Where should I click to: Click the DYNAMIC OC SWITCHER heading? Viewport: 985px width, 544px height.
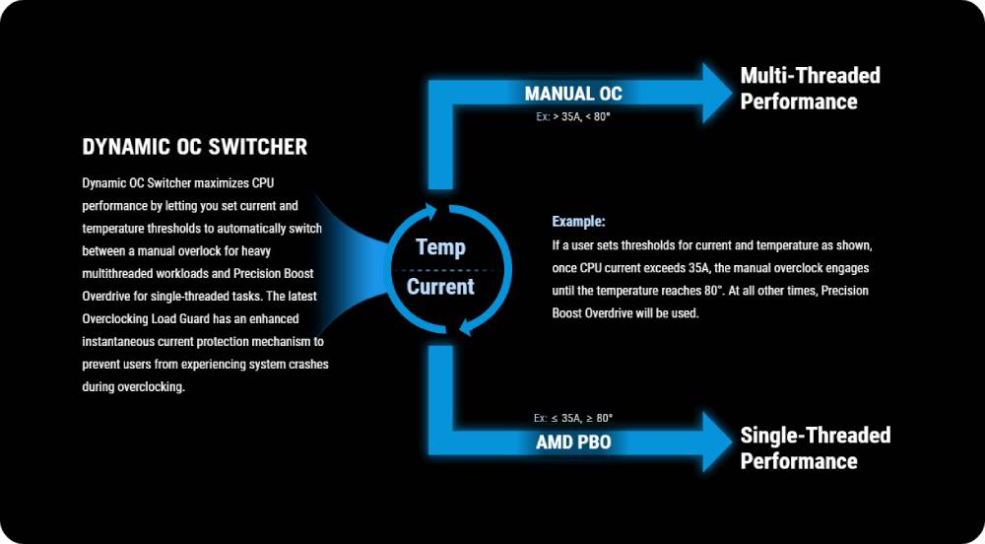pos(195,147)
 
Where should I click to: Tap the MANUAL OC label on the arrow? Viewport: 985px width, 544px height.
pos(573,94)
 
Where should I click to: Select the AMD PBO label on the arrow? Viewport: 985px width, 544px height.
pos(573,442)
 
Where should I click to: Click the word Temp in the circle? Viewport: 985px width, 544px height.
pos(441,247)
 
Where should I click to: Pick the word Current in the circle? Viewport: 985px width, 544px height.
pos(440,287)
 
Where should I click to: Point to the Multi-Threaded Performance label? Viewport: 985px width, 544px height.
pos(811,89)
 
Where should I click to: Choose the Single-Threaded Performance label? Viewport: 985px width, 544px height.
pos(816,447)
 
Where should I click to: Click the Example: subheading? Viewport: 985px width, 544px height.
pos(578,222)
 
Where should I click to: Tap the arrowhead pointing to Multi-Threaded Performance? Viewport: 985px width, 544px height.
pos(717,93)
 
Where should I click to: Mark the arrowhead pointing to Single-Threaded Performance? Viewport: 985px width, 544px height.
pos(717,442)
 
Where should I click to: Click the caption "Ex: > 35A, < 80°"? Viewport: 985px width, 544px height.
pos(573,117)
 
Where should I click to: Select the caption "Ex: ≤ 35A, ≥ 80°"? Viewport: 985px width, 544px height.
pos(573,418)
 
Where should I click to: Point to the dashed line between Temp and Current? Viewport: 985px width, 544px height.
pos(444,269)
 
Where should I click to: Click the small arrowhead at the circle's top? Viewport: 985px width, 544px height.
pos(431,211)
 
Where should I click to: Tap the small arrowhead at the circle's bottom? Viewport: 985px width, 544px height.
pos(465,326)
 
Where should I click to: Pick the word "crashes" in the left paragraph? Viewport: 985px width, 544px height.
pos(307,364)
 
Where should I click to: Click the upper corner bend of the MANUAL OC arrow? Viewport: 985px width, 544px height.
pos(440,93)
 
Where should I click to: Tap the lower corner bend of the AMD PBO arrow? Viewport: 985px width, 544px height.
pos(440,442)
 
